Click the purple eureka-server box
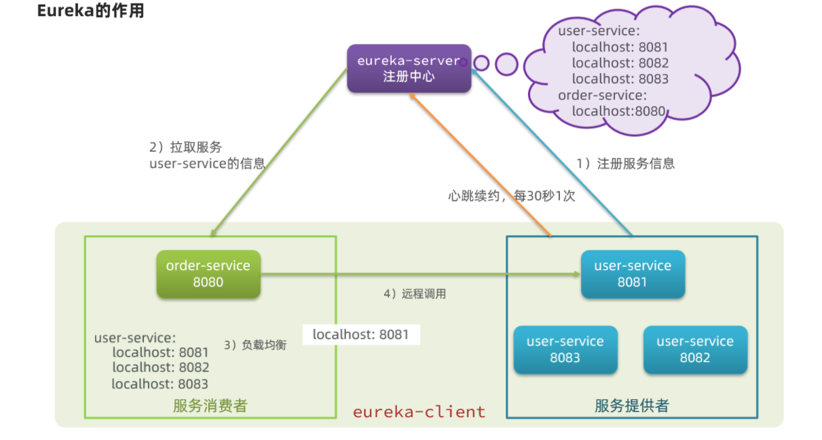[409, 68]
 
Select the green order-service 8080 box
[208, 274]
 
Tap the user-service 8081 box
[632, 274]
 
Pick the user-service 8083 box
[565, 349]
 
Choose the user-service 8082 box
[694, 349]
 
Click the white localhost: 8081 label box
[360, 334]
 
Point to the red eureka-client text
[419, 412]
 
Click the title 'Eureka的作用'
[90, 12]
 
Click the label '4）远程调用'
[415, 294]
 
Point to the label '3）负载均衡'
[255, 345]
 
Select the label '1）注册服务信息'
[625, 163]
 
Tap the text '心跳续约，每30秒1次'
[511, 196]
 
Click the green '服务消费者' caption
[210, 406]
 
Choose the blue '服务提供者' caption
[631, 406]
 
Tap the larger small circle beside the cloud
[506, 64]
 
